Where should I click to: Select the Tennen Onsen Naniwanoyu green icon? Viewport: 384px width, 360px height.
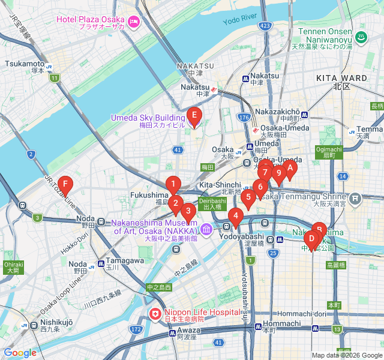(361, 38)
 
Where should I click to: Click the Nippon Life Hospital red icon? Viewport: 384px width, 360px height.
(155, 313)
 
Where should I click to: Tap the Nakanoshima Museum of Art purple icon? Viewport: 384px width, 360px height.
(206, 229)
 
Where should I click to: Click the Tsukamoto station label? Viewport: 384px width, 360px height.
(25, 64)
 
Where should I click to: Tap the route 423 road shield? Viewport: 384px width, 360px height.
(265, 26)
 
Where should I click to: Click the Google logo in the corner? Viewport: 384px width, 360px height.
(20, 353)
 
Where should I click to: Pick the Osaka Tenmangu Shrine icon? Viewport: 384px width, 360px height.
(355, 197)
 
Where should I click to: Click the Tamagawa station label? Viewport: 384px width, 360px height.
(124, 260)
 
